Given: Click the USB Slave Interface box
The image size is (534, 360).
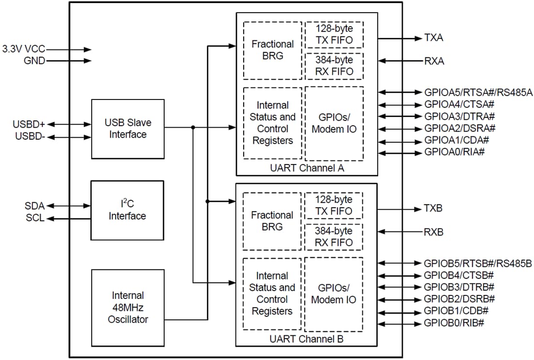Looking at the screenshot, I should pyautogui.click(x=128, y=129).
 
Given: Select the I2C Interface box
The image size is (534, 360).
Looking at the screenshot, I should pyautogui.click(x=128, y=210).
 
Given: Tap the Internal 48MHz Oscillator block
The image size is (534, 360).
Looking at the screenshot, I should pyautogui.click(x=128, y=307).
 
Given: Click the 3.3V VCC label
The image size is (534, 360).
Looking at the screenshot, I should pyautogui.click(x=23, y=49).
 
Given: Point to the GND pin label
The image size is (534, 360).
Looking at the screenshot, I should pyautogui.click(x=34, y=61).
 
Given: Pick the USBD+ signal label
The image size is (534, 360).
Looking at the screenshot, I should pyautogui.click(x=29, y=125).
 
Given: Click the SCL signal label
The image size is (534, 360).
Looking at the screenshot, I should pyautogui.click(x=35, y=218).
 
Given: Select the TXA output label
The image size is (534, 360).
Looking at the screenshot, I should pyautogui.click(x=434, y=38).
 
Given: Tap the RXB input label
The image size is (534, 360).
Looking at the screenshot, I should pyautogui.click(x=434, y=232).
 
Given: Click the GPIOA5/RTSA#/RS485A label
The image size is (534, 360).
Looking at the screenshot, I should pyautogui.click(x=478, y=92).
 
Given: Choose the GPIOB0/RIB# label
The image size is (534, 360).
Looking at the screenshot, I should pyautogui.click(x=454, y=324).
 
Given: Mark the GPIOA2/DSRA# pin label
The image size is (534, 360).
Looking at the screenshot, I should pyautogui.click(x=460, y=129).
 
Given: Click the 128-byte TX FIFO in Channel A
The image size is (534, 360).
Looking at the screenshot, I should pyautogui.click(x=334, y=34).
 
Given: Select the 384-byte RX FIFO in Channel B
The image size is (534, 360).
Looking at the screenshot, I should pyautogui.click(x=334, y=236).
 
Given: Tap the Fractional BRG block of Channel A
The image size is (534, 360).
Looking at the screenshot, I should pyautogui.click(x=272, y=50).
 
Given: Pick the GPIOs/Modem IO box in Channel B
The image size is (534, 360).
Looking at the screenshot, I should pyautogui.click(x=334, y=293).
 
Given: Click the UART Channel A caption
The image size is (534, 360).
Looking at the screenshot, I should pyautogui.click(x=306, y=168).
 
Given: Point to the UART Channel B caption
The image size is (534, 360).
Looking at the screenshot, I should pyautogui.click(x=306, y=339).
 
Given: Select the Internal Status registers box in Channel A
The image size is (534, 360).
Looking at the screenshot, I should pyautogui.click(x=272, y=123).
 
